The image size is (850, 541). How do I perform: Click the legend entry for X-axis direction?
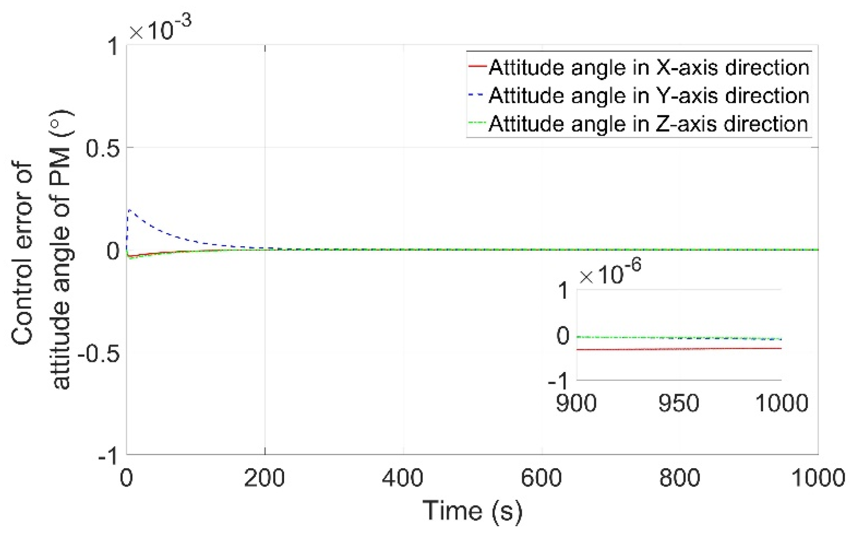pos(648,67)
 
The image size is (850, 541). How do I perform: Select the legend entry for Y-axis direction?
pos(648,96)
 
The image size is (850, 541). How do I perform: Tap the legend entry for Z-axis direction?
pos(648,124)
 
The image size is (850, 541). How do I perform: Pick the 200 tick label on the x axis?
pos(265,478)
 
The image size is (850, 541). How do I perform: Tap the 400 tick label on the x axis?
pos(403,478)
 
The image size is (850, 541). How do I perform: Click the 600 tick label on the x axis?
pos(541,478)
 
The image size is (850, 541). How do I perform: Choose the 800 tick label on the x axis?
pos(680,478)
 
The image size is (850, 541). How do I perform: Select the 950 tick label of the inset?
pos(679,403)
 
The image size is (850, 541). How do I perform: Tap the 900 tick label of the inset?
pos(576,403)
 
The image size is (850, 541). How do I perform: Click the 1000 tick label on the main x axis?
pos(818,478)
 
